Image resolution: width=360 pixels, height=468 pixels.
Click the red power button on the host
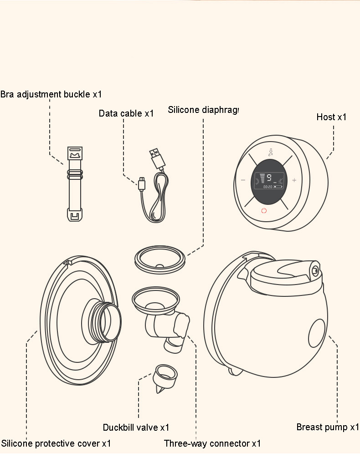point(263,210)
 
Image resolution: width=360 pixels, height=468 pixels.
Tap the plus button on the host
point(294,180)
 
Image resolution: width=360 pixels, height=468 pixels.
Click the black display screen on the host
point(267,181)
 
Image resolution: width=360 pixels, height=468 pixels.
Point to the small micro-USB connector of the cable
point(142,184)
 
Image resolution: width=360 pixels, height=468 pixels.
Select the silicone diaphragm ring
point(160,260)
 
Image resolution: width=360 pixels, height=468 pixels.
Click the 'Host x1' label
point(331,117)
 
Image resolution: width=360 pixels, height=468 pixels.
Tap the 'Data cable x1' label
point(126,113)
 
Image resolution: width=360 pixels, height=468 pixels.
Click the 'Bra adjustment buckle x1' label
point(51,94)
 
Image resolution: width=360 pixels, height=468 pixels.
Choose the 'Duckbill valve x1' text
point(136,427)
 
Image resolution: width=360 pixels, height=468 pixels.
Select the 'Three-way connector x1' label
point(212,443)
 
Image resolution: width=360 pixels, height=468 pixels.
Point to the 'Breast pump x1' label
point(328,427)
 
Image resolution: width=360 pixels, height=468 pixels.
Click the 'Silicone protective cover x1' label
point(56,443)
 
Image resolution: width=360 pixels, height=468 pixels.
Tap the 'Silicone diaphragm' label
point(203,110)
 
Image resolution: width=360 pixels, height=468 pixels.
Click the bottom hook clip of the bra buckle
point(74,214)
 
